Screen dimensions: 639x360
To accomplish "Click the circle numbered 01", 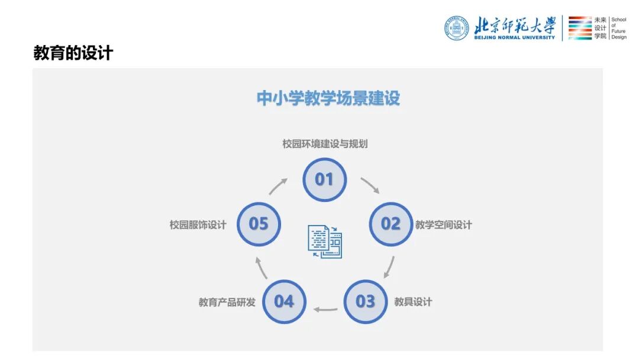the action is [x=324, y=179].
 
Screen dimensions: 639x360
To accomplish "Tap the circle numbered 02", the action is [x=390, y=224].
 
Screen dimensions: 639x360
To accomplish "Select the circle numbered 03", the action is [x=365, y=301].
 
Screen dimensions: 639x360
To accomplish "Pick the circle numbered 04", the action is [x=284, y=301].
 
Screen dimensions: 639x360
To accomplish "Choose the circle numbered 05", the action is [x=259, y=224].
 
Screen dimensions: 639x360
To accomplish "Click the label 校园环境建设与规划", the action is [x=325, y=144].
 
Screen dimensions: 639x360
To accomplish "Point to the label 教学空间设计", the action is [x=444, y=225].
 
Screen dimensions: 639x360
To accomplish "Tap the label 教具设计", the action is [x=413, y=302].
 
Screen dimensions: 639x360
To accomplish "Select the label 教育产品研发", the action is [x=227, y=302].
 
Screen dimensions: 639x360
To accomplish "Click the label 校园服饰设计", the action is [x=198, y=225].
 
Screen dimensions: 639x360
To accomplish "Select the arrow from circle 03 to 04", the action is [x=325, y=309].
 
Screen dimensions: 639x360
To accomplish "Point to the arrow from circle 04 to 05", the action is [x=261, y=267].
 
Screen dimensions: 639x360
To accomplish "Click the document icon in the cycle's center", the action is [x=325, y=242].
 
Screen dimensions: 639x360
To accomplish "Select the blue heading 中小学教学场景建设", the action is [x=328, y=98].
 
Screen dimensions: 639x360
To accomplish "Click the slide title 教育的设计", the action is [x=73, y=53].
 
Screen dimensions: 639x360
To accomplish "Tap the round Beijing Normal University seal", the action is [x=456, y=28].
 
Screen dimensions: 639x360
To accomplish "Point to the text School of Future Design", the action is [x=618, y=28].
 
